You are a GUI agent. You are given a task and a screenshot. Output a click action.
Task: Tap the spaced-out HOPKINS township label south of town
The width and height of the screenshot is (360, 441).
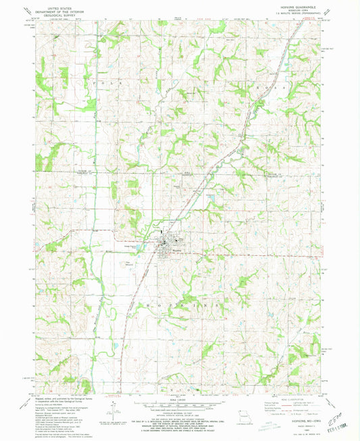click(177, 306)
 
